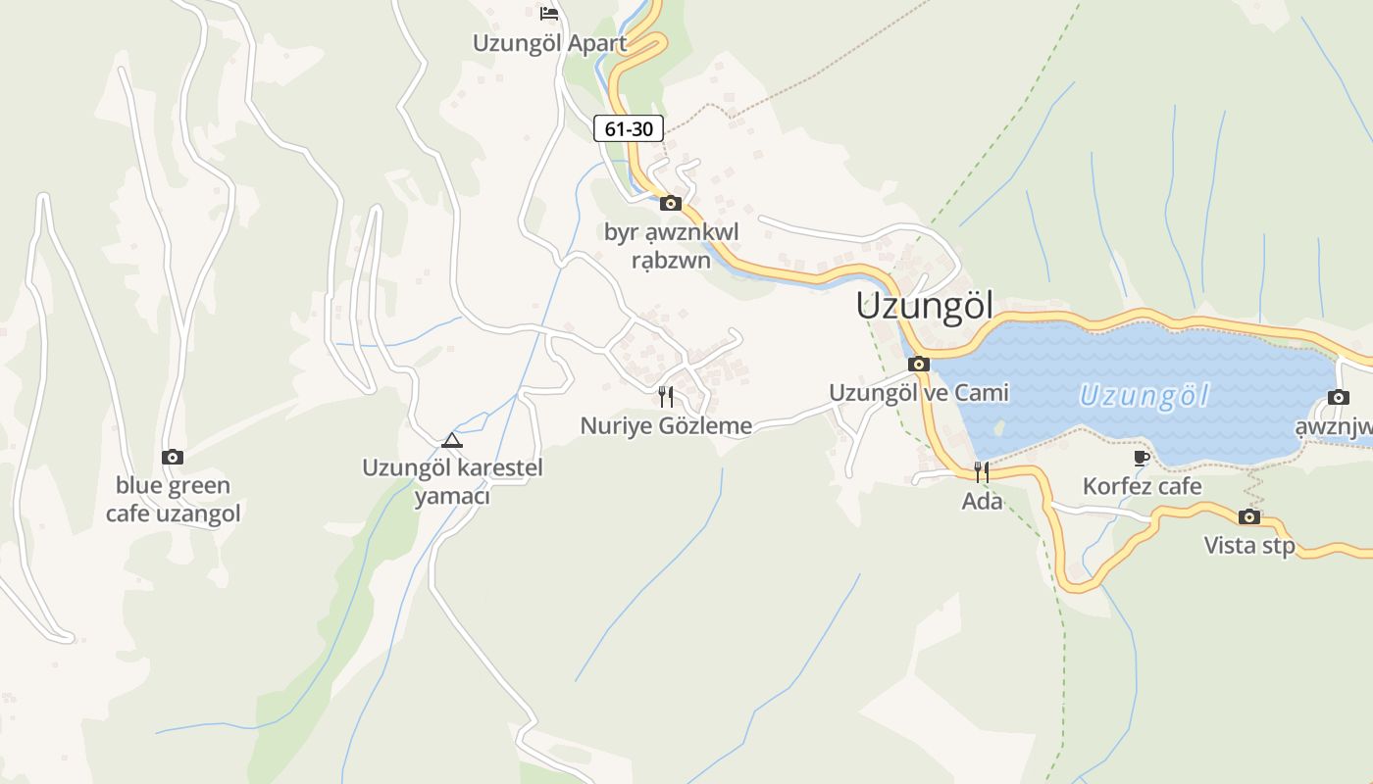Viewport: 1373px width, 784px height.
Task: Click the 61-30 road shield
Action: click(629, 128)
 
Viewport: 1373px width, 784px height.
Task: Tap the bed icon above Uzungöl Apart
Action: click(549, 14)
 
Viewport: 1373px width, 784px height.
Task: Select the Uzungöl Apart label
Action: click(549, 43)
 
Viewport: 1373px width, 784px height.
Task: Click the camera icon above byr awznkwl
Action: click(671, 204)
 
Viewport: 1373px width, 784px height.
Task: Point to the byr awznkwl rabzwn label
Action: click(671, 246)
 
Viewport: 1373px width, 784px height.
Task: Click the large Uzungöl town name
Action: click(924, 306)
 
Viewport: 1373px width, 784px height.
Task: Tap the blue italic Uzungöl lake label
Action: click(1144, 397)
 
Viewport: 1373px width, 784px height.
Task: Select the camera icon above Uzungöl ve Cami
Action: click(919, 365)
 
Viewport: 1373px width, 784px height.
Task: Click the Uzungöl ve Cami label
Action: click(918, 393)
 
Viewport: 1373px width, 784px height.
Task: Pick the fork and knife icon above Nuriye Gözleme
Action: click(666, 397)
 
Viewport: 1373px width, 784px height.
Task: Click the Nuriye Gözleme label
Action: click(666, 425)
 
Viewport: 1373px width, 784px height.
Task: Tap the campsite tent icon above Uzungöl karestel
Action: click(451, 440)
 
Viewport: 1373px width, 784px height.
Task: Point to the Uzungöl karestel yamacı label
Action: click(452, 481)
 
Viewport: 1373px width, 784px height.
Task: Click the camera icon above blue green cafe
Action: click(173, 457)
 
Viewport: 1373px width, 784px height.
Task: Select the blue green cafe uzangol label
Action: click(173, 499)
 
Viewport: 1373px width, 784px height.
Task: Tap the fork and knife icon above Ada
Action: click(981, 472)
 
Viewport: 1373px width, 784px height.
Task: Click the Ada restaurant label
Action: click(982, 501)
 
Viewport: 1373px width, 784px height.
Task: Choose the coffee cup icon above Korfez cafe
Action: click(1141, 458)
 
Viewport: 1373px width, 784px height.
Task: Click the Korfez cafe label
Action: click(1142, 486)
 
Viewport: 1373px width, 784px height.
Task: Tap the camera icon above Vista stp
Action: click(1249, 516)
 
